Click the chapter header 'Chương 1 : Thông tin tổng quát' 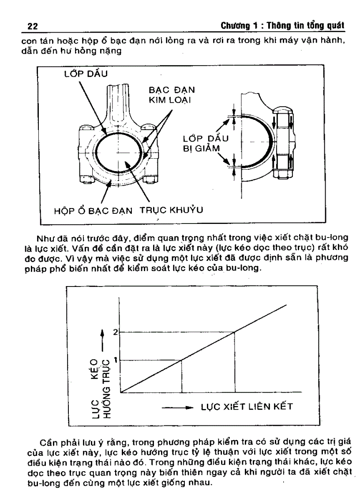[x=282, y=26]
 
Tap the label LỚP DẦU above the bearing [x=86, y=74]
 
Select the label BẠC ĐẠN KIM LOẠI [x=172, y=95]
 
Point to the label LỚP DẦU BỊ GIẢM [x=206, y=144]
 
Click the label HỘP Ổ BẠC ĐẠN [x=93, y=211]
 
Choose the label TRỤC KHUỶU [x=172, y=210]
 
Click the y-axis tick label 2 [x=115, y=332]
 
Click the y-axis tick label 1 [x=116, y=360]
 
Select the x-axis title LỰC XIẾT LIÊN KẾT [x=247, y=406]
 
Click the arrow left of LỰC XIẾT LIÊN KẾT [x=177, y=408]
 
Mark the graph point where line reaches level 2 [x=235, y=332]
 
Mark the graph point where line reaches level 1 [x=181, y=360]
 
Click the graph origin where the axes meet [x=120, y=392]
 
